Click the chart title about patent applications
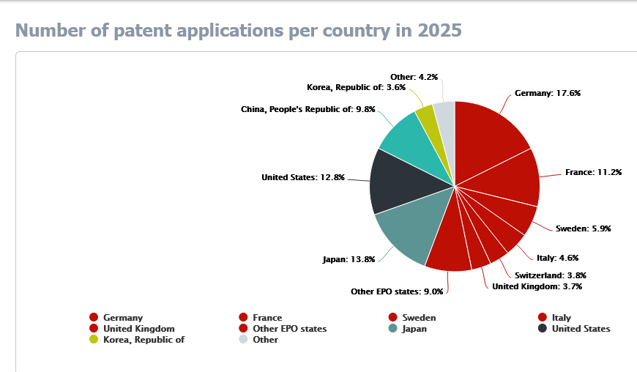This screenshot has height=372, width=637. click(239, 31)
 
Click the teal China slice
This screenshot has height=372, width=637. click(410, 143)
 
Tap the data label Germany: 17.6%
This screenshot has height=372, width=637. click(548, 93)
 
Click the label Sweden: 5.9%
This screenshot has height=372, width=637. click(583, 228)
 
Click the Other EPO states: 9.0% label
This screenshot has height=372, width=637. click(397, 291)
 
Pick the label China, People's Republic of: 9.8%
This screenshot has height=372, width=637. click(308, 109)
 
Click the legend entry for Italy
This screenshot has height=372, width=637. click(561, 318)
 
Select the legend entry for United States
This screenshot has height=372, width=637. click(581, 329)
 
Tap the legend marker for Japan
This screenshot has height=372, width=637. click(393, 329)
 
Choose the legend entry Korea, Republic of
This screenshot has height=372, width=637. click(144, 340)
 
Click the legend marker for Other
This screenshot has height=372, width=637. click(244, 340)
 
